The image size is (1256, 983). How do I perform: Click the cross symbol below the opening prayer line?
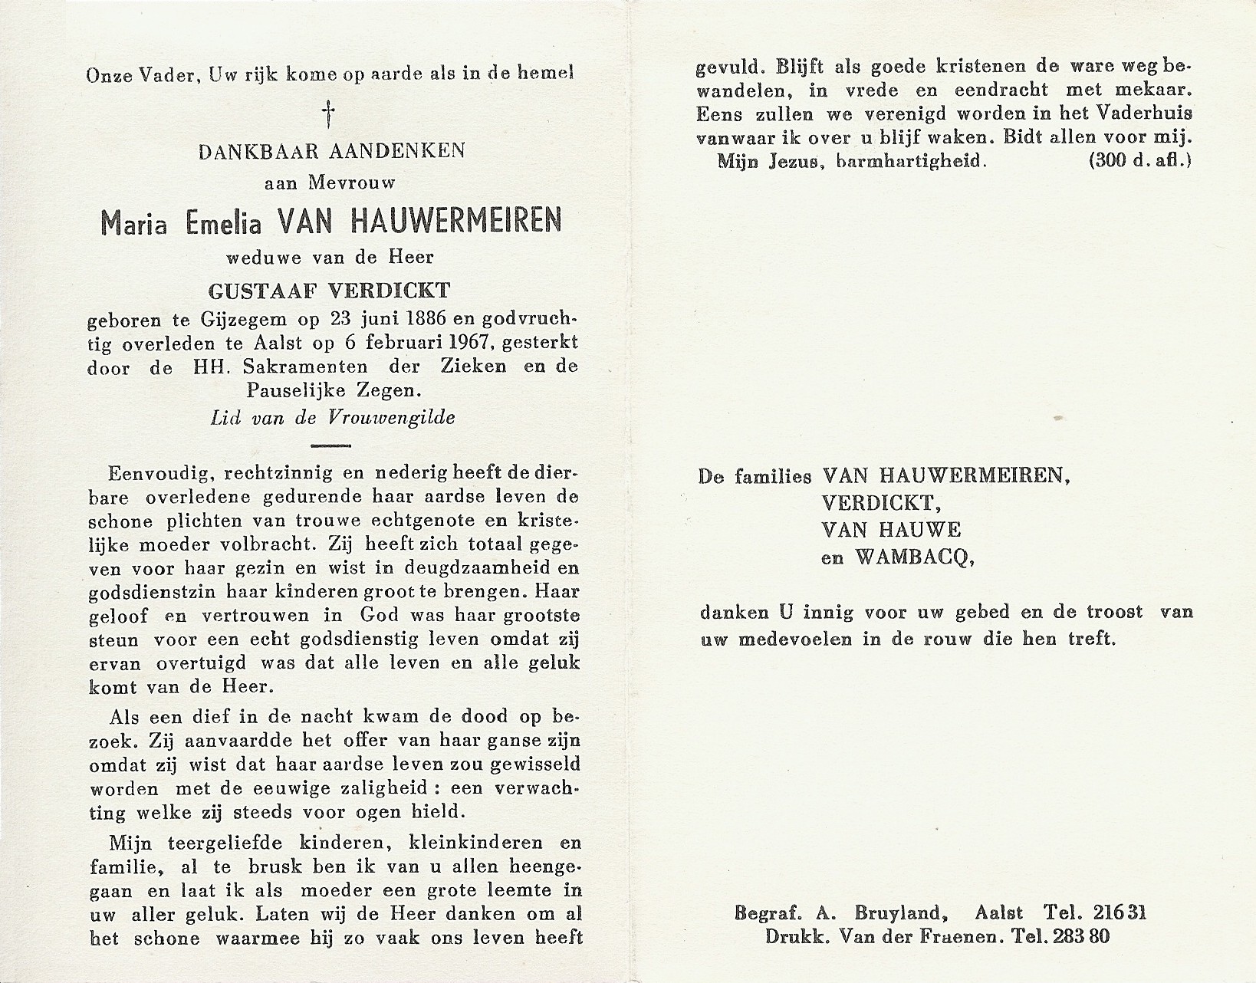pyautogui.click(x=330, y=116)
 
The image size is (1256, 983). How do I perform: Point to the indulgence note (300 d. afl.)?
pyautogui.click(x=1139, y=161)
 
